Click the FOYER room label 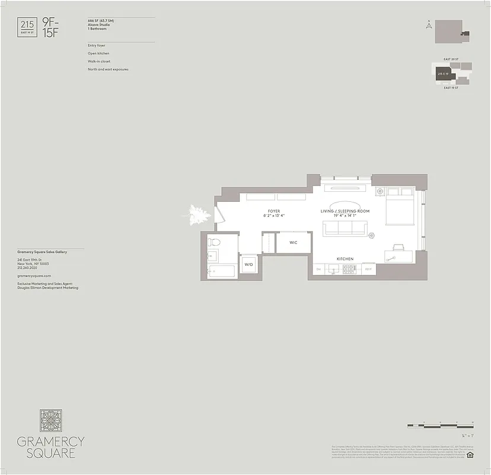point(274,211)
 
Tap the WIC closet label point(294,243)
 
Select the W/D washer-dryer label point(248,265)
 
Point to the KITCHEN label point(345,259)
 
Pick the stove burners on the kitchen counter point(349,269)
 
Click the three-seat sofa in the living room point(345,228)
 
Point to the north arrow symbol point(428,25)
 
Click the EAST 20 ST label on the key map point(451,59)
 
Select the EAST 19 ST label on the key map point(451,88)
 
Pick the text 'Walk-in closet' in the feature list point(99,61)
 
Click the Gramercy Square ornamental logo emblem point(51,420)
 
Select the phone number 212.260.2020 point(28,268)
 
